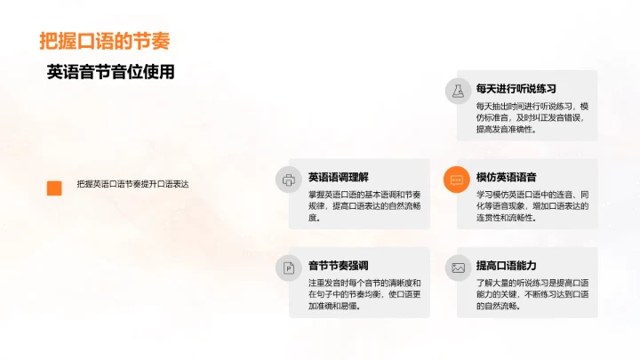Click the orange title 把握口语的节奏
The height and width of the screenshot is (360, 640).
[x=104, y=41]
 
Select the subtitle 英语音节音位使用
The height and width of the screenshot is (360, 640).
[x=110, y=72]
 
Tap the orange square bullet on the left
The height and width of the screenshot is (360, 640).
[x=54, y=187]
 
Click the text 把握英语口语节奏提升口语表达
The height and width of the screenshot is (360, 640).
[x=132, y=184]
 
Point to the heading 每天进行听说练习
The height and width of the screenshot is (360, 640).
[x=516, y=89]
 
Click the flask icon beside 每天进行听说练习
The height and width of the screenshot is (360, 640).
[x=458, y=90]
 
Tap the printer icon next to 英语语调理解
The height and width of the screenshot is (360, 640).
[x=288, y=179]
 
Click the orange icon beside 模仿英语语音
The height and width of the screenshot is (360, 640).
[x=458, y=179]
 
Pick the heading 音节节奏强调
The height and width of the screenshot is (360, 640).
[x=338, y=266]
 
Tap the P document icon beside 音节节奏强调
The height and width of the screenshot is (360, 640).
[x=288, y=267]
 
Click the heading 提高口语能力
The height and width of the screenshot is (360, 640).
[x=506, y=266]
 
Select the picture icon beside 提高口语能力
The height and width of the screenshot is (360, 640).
[x=458, y=267]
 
